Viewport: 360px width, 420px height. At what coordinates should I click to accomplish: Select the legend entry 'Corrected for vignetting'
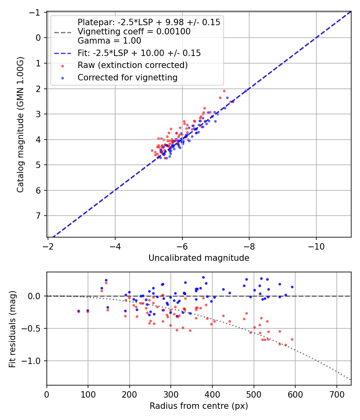click(128, 78)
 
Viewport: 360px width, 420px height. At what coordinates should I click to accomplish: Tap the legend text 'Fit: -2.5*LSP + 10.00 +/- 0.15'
click(139, 53)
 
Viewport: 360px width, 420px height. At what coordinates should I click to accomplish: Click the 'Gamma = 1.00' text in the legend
click(109, 40)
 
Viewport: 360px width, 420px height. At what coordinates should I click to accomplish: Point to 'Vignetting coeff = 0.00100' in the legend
click(134, 32)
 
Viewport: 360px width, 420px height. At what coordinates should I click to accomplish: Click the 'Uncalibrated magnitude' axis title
click(199, 258)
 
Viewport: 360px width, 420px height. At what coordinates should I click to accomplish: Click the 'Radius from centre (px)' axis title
click(199, 406)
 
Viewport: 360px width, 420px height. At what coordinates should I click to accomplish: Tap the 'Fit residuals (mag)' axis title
click(12, 329)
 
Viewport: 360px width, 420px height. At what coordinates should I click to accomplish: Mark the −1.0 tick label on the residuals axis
click(34, 361)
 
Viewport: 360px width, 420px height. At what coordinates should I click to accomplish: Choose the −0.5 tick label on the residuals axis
click(34, 328)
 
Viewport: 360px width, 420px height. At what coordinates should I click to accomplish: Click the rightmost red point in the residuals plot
click(292, 339)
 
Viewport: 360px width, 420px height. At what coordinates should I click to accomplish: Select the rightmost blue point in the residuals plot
click(292, 287)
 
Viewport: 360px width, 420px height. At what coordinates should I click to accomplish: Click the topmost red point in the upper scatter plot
click(224, 91)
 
